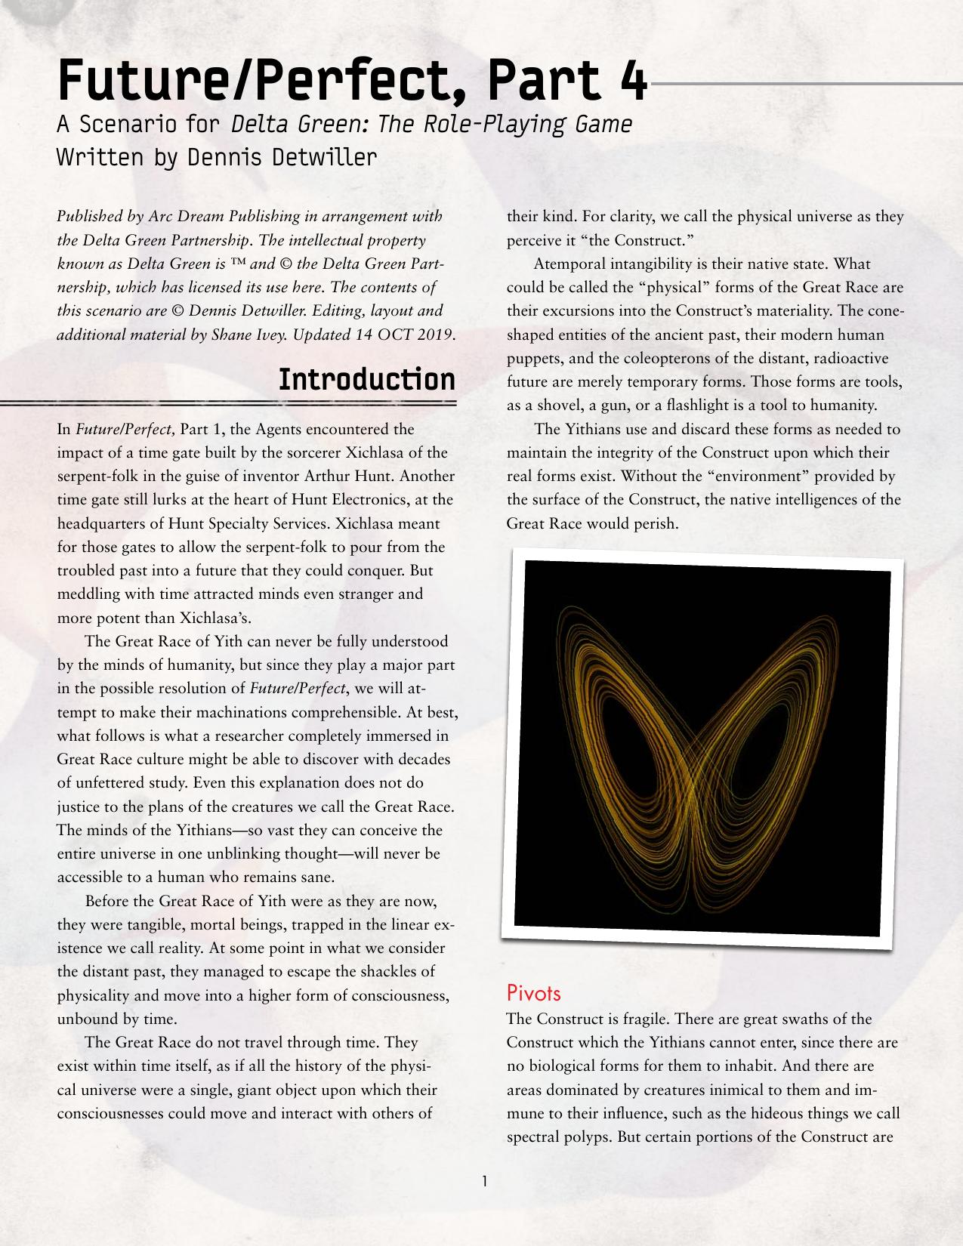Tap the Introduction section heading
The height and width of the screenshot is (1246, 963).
click(x=367, y=379)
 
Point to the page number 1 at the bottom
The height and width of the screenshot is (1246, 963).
click(x=484, y=1180)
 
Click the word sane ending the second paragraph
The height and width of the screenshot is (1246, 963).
click(x=316, y=877)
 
